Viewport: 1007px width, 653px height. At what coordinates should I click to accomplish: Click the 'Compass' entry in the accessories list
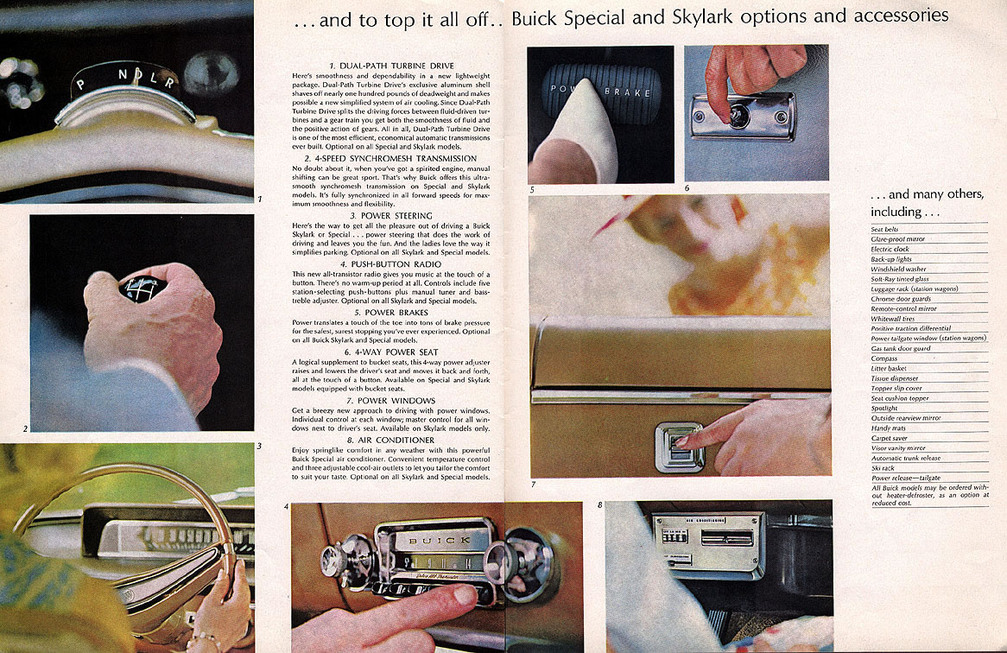click(x=884, y=358)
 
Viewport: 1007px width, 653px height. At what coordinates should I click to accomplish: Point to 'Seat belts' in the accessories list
click(x=885, y=229)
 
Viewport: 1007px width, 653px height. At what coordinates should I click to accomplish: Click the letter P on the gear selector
click(x=80, y=85)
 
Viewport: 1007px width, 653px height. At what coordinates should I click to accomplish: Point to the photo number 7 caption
click(x=533, y=485)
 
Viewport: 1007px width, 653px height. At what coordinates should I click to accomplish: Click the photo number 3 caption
click(x=259, y=447)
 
